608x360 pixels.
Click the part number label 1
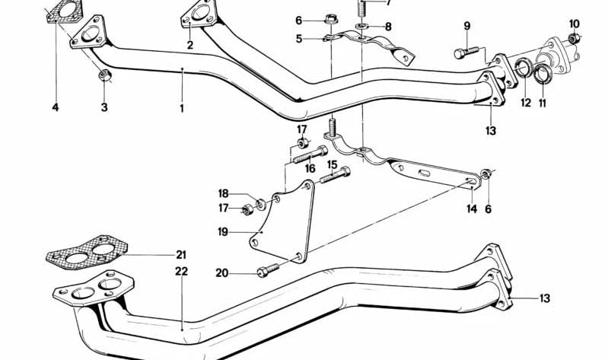tap(181, 108)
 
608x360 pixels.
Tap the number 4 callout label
tap(56, 107)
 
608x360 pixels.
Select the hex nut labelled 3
tap(105, 75)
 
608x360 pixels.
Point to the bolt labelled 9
tap(468, 52)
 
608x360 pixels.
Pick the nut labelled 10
tap(574, 38)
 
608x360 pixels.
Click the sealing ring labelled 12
tap(524, 67)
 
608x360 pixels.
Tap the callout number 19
tap(224, 232)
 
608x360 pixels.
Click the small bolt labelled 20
tap(268, 270)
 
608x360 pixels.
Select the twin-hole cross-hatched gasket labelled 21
tap(87, 252)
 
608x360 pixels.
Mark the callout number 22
tap(181, 271)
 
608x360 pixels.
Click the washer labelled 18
tap(261, 203)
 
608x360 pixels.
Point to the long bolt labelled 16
tap(310, 154)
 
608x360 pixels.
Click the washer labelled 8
tap(361, 26)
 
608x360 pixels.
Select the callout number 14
tap(472, 209)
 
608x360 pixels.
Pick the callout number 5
tap(298, 39)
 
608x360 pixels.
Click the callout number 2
tap(189, 45)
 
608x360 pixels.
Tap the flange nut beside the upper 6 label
tap(331, 18)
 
